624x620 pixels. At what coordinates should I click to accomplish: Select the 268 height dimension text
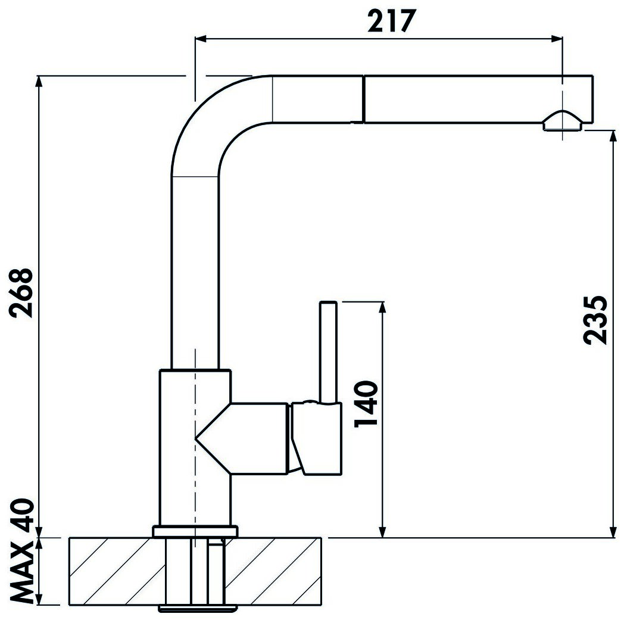21,292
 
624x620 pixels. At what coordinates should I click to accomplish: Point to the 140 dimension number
366,403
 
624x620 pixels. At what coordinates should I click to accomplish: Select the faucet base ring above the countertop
195,531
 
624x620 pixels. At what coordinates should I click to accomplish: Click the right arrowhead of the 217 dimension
557,39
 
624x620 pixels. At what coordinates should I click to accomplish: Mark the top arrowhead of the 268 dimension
39,81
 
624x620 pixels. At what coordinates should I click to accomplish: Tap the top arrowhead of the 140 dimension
382,307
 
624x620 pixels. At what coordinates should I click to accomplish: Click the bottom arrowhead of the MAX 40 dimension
39,599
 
